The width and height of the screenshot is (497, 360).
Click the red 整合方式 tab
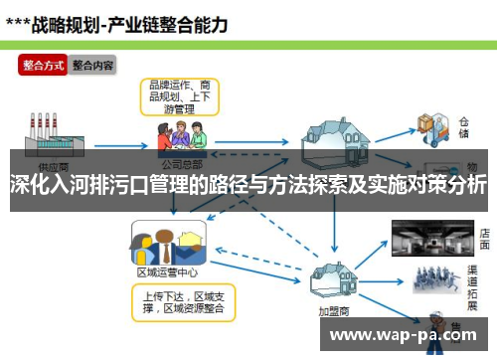click(x=44, y=66)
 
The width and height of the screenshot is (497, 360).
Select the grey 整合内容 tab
click(x=92, y=66)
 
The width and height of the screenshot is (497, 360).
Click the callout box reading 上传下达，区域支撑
click(x=183, y=301)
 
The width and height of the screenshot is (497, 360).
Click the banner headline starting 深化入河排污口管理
click(x=248, y=184)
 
